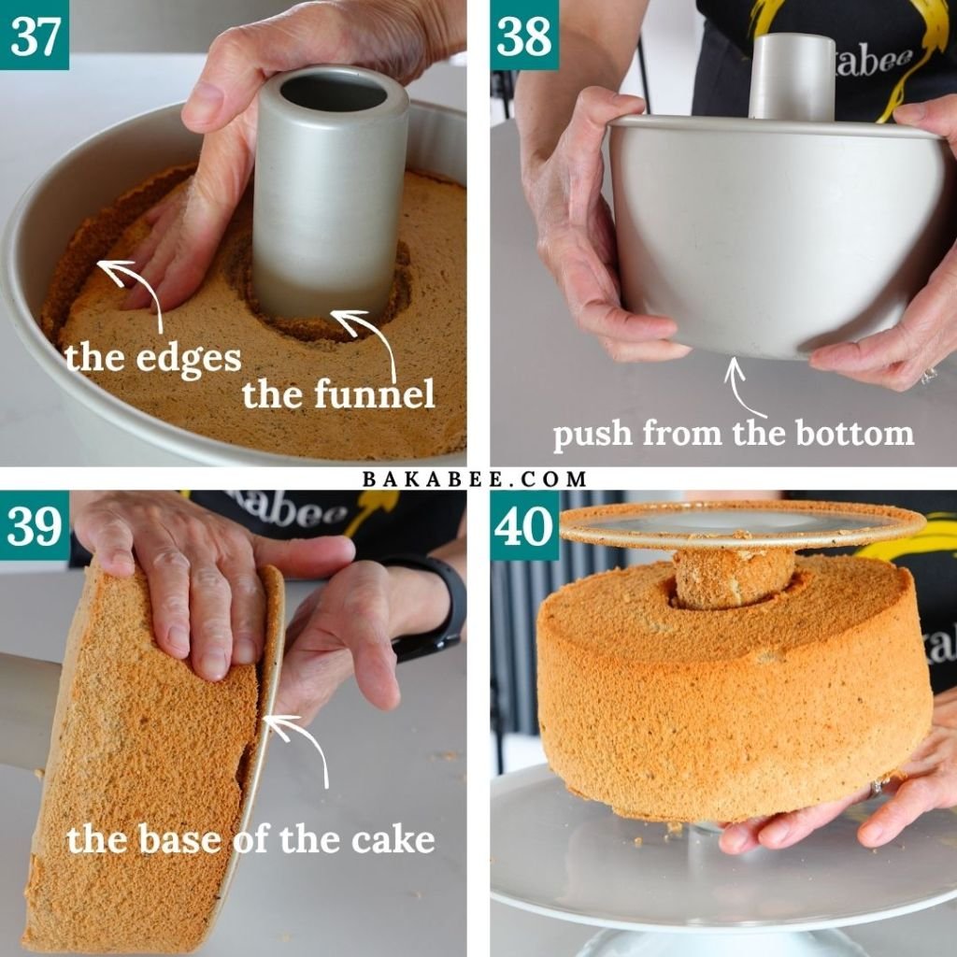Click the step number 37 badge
[x=35, y=35]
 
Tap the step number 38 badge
[x=524, y=35]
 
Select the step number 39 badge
[x=35, y=525]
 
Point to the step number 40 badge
[x=524, y=525]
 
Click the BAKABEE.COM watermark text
[x=474, y=478]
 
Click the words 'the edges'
[x=153, y=359]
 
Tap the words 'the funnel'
[x=338, y=393]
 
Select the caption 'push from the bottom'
[x=734, y=434]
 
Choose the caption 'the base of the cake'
[x=250, y=839]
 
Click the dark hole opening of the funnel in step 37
[x=334, y=93]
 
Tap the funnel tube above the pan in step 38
[x=793, y=77]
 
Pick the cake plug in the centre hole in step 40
[x=734, y=576]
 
